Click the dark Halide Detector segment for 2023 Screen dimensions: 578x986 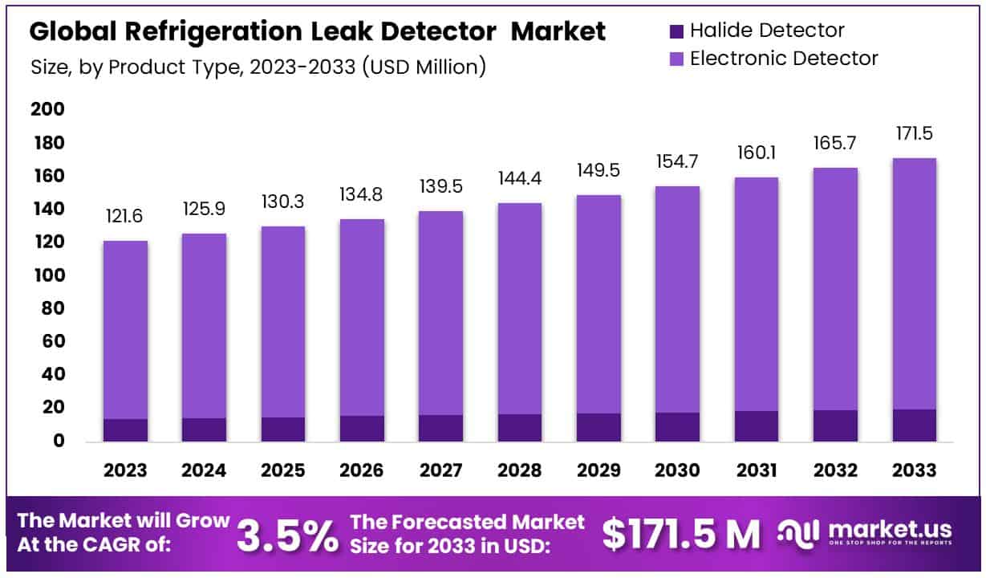[125, 430]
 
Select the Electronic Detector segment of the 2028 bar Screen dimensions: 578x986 [520, 309]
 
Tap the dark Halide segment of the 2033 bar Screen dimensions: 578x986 [915, 425]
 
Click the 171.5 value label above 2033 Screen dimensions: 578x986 [915, 133]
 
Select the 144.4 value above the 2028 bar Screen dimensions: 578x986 [520, 178]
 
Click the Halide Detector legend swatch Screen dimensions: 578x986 [676, 31]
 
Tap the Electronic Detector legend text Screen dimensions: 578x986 [783, 58]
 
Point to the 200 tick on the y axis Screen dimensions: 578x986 [47, 110]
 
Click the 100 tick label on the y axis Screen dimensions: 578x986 [47, 275]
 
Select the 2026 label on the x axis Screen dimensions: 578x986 [362, 470]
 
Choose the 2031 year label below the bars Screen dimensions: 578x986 [757, 470]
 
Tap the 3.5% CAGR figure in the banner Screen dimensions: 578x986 [288, 535]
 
